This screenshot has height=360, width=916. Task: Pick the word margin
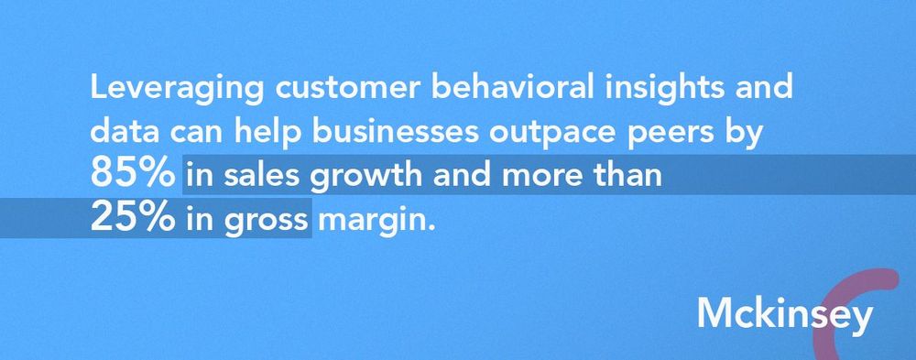point(372,220)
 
